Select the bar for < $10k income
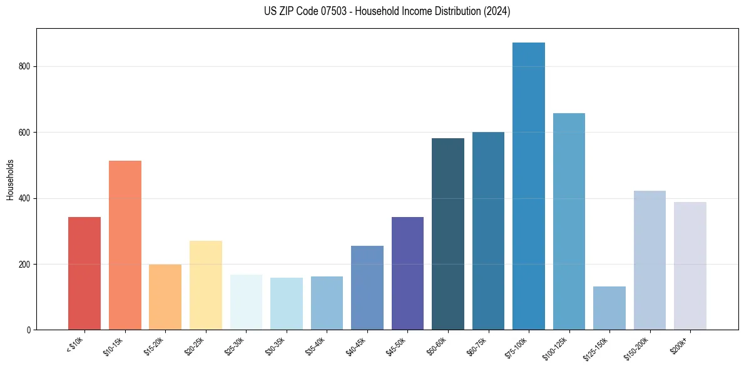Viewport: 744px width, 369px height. (x=84, y=273)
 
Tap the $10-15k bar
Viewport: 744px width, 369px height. (x=125, y=245)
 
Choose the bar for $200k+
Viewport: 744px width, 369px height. (x=690, y=265)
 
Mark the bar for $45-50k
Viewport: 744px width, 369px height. (x=407, y=273)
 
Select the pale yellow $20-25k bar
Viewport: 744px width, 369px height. (x=205, y=285)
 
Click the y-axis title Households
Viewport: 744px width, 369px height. (x=10, y=179)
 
